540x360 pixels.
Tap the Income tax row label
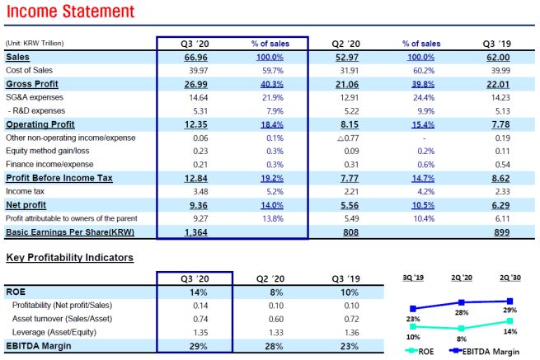pos(26,191)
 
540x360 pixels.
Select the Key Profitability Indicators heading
pos(69,258)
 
